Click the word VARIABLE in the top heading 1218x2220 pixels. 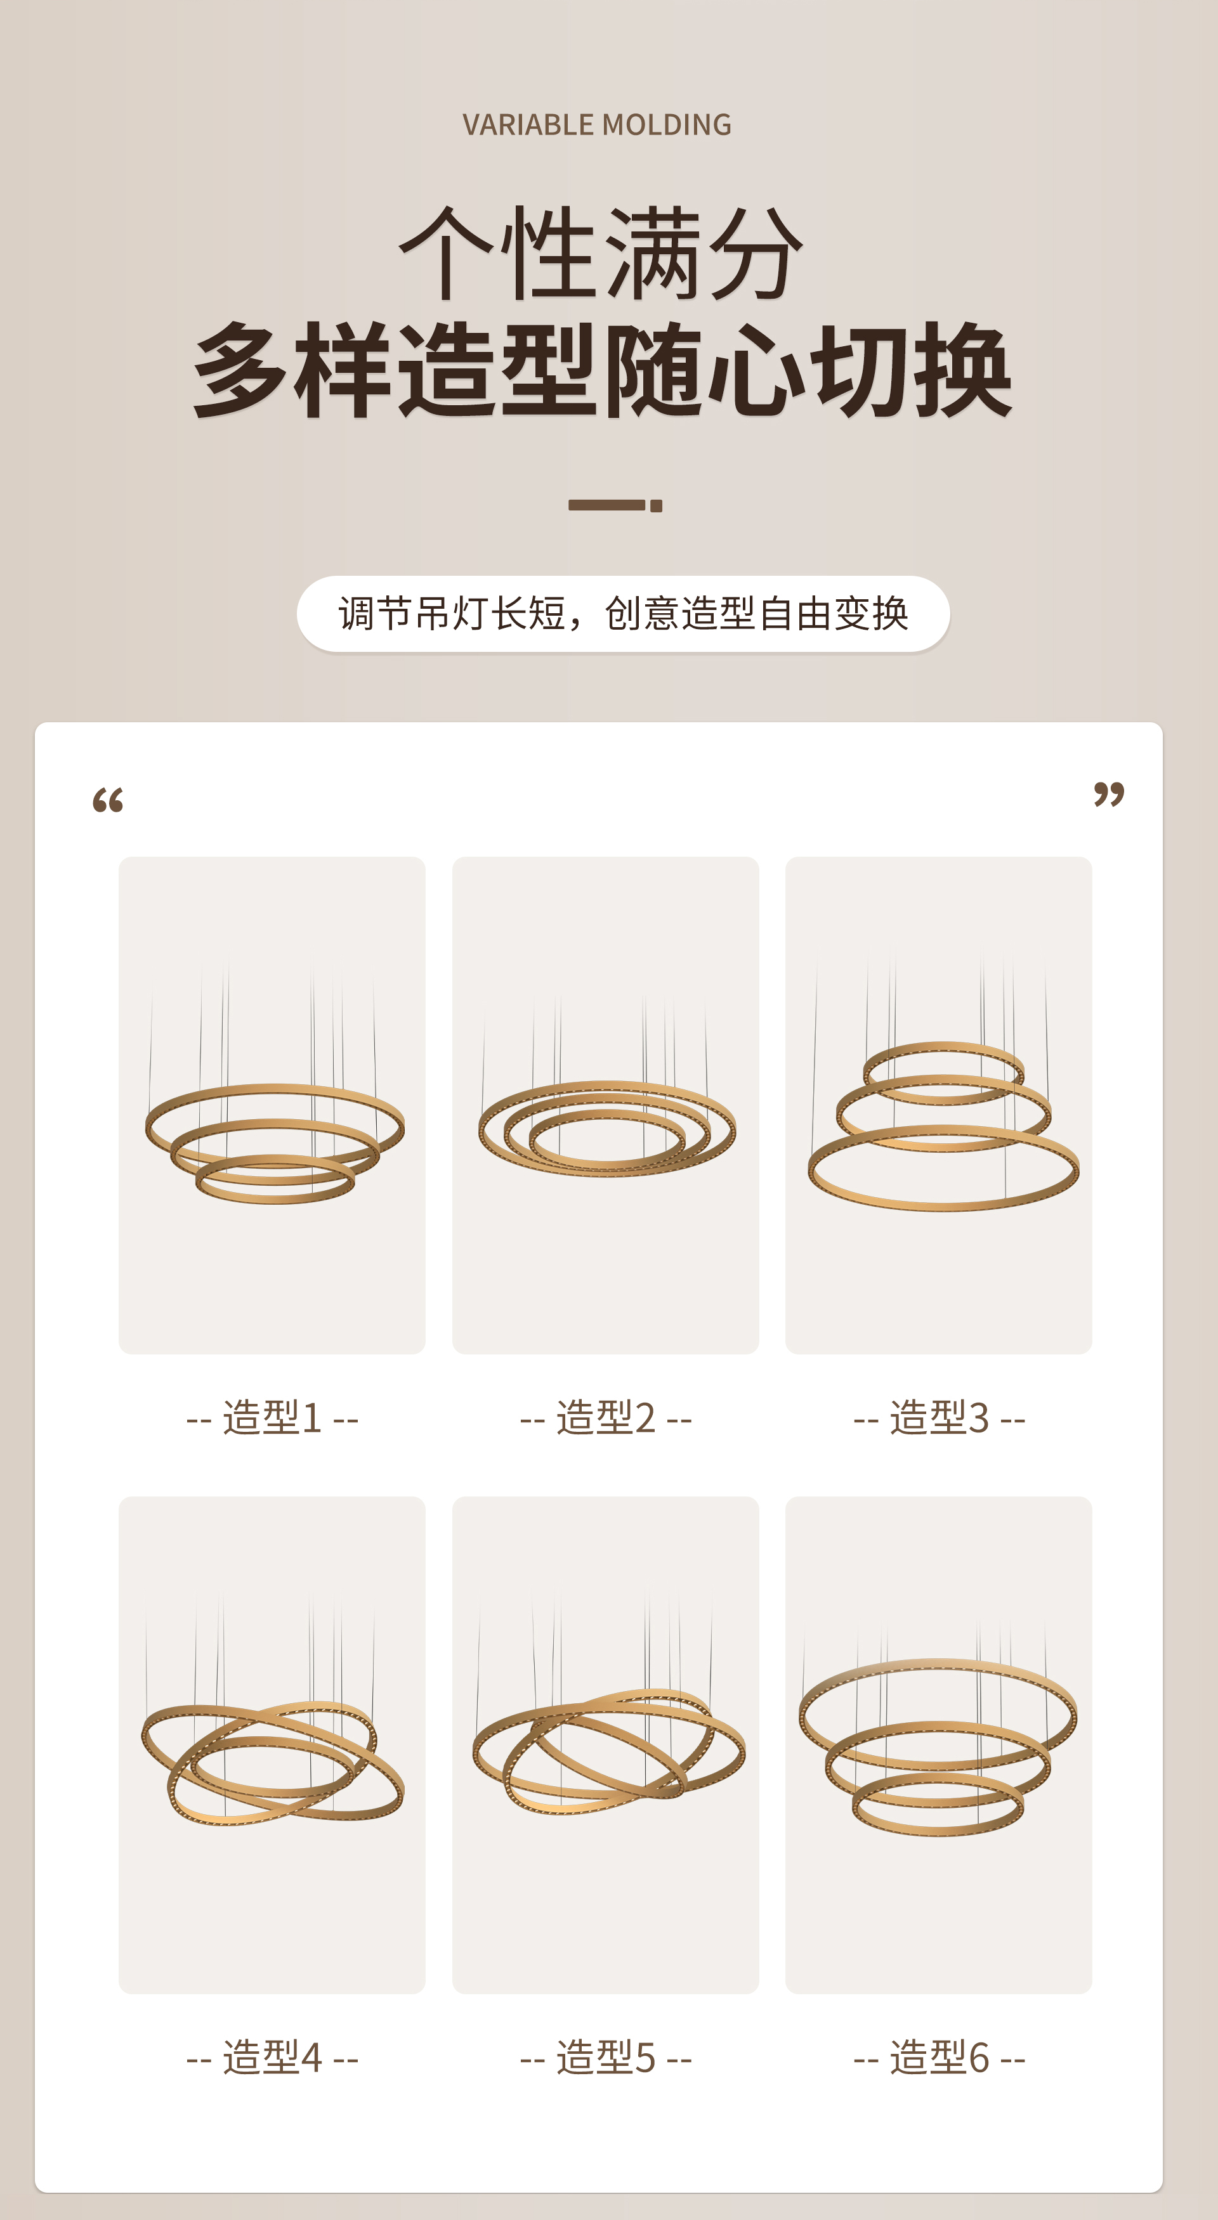click(x=529, y=125)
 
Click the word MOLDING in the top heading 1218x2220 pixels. click(x=667, y=125)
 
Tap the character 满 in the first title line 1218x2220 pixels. click(x=652, y=255)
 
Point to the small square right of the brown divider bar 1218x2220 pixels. click(x=657, y=506)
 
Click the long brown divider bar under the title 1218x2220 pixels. click(x=606, y=505)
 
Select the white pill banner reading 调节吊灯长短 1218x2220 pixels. click(x=622, y=614)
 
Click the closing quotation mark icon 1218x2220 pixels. click(x=1108, y=794)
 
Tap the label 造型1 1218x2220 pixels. click(x=272, y=1418)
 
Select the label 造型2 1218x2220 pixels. click(x=605, y=1418)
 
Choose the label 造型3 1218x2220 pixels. click(x=939, y=1418)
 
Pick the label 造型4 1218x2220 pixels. click(x=272, y=2058)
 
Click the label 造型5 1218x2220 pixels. click(x=605, y=2058)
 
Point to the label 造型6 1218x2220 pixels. click(x=939, y=2058)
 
